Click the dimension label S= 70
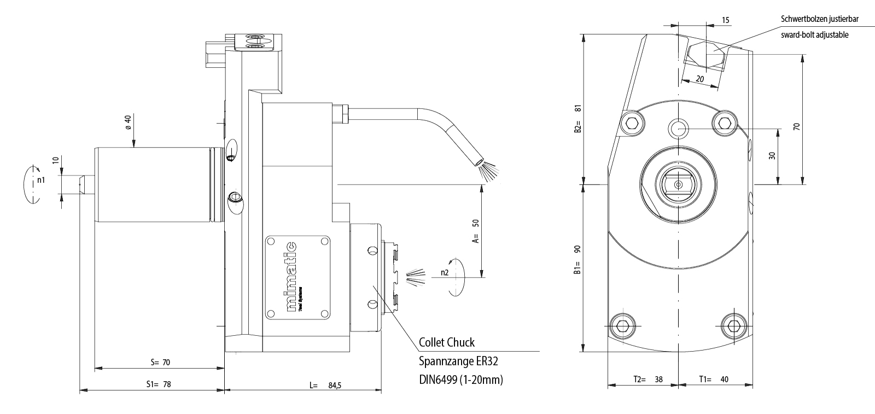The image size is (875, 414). pos(160,362)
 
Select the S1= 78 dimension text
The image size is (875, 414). pos(159,384)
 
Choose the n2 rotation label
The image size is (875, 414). pos(446,272)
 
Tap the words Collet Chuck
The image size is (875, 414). pos(447,343)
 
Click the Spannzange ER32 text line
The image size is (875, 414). pos(458,361)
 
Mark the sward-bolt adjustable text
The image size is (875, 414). pos(815,34)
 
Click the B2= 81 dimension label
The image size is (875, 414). pos(577,119)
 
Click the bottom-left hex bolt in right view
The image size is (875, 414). pos(622,326)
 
